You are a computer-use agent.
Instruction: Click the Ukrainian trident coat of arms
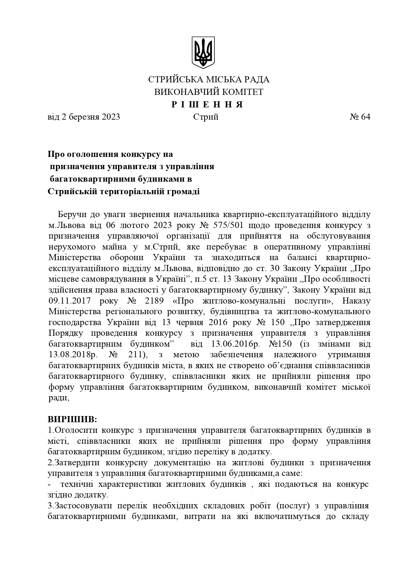click(203, 52)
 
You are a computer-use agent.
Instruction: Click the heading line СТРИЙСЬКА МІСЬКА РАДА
click(209, 80)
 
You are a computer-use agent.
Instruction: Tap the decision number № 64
click(360, 117)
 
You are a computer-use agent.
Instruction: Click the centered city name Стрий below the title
click(206, 117)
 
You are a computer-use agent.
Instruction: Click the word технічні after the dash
click(77, 484)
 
